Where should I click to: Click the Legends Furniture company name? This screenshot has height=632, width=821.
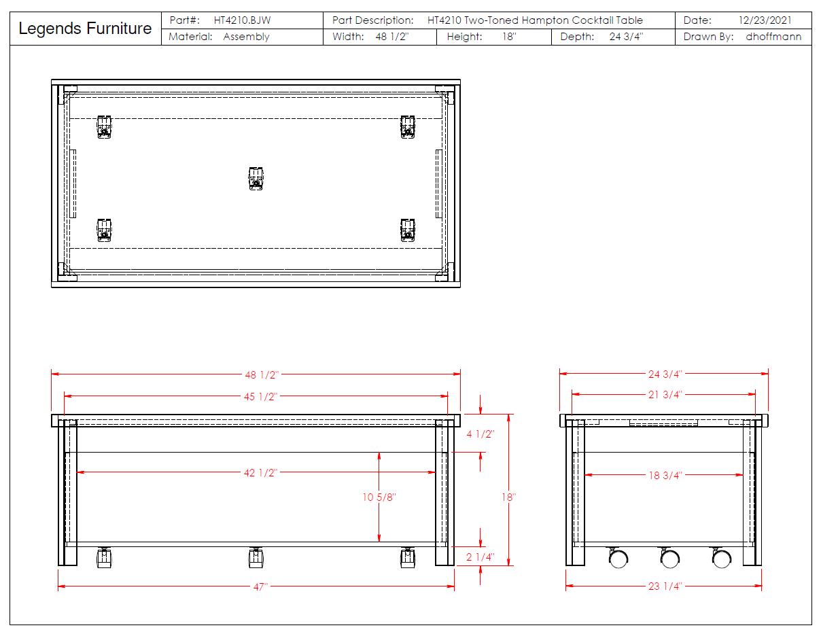coord(85,29)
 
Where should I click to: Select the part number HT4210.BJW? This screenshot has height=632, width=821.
coord(242,20)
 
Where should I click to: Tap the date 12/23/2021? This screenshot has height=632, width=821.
coord(765,20)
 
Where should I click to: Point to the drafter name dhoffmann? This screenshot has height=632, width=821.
coord(773,37)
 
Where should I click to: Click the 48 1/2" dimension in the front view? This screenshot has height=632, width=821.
coord(262,374)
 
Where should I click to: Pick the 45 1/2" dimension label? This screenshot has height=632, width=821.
coord(261,397)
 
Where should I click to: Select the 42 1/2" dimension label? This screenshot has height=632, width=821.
coord(261,472)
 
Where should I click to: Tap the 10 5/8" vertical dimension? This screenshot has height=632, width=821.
coord(379,497)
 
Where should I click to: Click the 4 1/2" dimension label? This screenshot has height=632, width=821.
coord(481,434)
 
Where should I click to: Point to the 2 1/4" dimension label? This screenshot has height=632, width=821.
coord(481,557)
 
